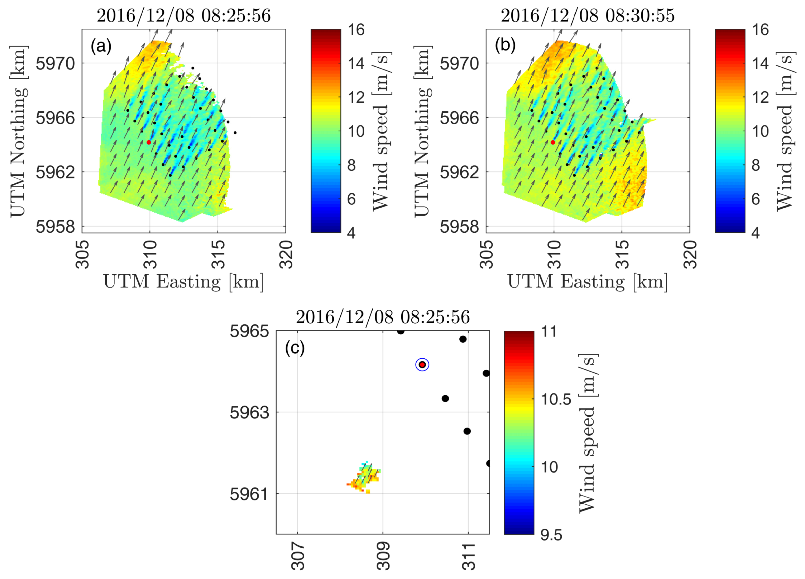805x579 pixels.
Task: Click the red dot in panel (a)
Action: (x=149, y=142)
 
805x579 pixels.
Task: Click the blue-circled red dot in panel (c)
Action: (x=422, y=364)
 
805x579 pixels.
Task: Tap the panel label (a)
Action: (x=101, y=46)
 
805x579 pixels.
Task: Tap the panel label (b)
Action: (x=505, y=46)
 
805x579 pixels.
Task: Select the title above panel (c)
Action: (x=383, y=317)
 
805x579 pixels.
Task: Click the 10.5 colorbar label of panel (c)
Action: (x=556, y=400)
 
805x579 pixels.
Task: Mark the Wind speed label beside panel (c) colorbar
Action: (x=588, y=433)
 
